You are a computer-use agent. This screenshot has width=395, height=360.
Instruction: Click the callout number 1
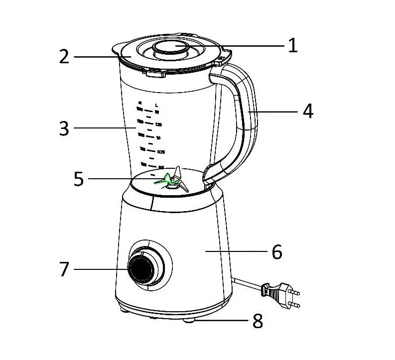click(293, 46)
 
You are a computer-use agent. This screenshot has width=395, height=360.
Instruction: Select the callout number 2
click(64, 57)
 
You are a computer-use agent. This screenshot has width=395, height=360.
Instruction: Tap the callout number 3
click(64, 128)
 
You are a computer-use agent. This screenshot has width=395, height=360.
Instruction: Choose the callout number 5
click(79, 179)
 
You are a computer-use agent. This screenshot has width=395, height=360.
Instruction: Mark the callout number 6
click(277, 252)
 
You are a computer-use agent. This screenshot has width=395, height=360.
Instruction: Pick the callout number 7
click(64, 269)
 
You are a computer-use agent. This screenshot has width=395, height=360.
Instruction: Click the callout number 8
click(258, 321)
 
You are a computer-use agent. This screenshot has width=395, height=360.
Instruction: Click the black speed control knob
click(142, 269)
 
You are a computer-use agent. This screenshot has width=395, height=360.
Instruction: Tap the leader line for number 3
click(105, 128)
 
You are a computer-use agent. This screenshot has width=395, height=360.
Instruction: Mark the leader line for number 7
click(100, 269)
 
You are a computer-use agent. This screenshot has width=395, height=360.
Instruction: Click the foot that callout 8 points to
click(190, 321)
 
